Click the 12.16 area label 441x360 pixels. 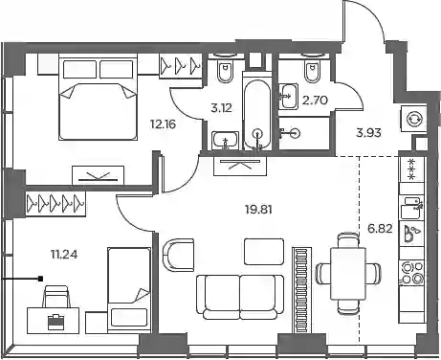(163, 124)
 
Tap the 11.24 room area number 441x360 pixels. (64, 255)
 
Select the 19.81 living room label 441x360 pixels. (258, 210)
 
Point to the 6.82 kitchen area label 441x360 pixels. (380, 229)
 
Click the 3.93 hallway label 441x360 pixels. (368, 132)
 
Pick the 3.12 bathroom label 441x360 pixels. (221, 108)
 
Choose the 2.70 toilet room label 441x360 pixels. (315, 101)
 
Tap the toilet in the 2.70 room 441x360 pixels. (312, 70)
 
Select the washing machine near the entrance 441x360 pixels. (414, 119)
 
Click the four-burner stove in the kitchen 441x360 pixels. (412, 273)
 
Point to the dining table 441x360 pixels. (348, 273)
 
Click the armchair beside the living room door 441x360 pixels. (178, 255)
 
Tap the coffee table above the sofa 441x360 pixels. (264, 252)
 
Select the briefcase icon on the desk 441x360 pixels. (55, 322)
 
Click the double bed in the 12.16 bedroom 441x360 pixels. (98, 99)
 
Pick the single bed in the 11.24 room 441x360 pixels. (129, 287)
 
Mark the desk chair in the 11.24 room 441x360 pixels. (56, 297)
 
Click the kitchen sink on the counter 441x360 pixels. (412, 208)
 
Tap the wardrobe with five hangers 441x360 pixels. (55, 203)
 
